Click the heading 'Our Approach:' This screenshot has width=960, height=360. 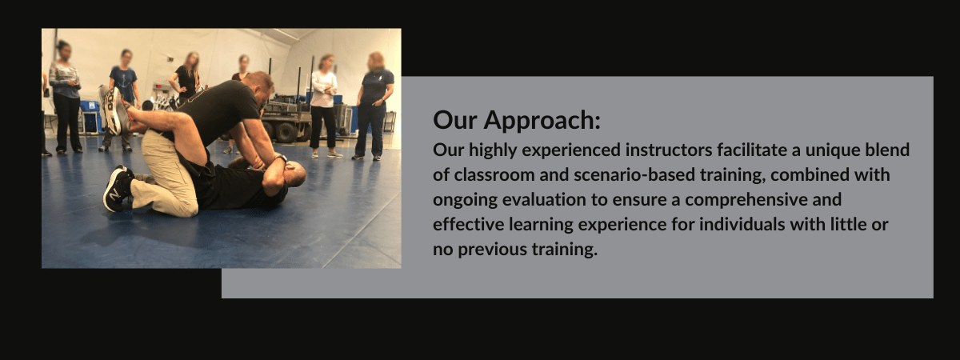click(x=516, y=121)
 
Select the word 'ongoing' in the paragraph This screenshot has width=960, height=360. click(x=462, y=199)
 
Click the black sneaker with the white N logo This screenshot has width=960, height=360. click(x=116, y=188)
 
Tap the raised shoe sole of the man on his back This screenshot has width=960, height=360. click(x=114, y=110)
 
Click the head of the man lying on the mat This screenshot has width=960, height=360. click(x=294, y=173)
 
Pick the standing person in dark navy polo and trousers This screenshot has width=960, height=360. click(x=374, y=104)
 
